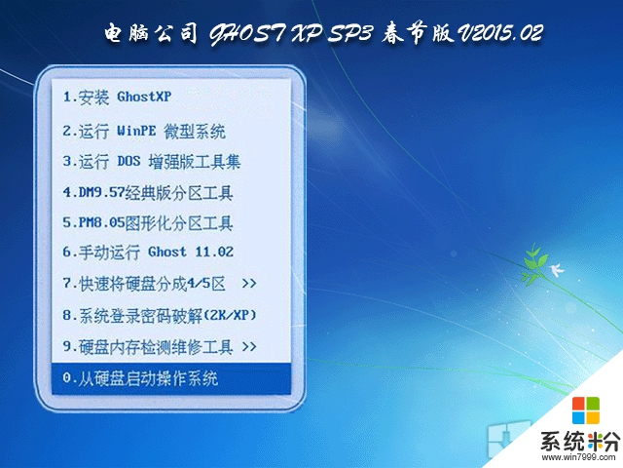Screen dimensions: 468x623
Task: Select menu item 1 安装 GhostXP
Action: pos(117,97)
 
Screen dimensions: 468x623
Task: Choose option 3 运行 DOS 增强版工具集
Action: pos(151,161)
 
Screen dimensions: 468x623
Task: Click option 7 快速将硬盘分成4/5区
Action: pos(144,284)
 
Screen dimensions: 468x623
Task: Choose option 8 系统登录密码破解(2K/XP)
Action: pos(160,315)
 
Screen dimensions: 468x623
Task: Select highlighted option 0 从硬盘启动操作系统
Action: pos(140,378)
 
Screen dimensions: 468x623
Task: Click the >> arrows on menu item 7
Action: pos(248,284)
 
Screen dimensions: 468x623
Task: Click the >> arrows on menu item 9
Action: pos(248,346)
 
